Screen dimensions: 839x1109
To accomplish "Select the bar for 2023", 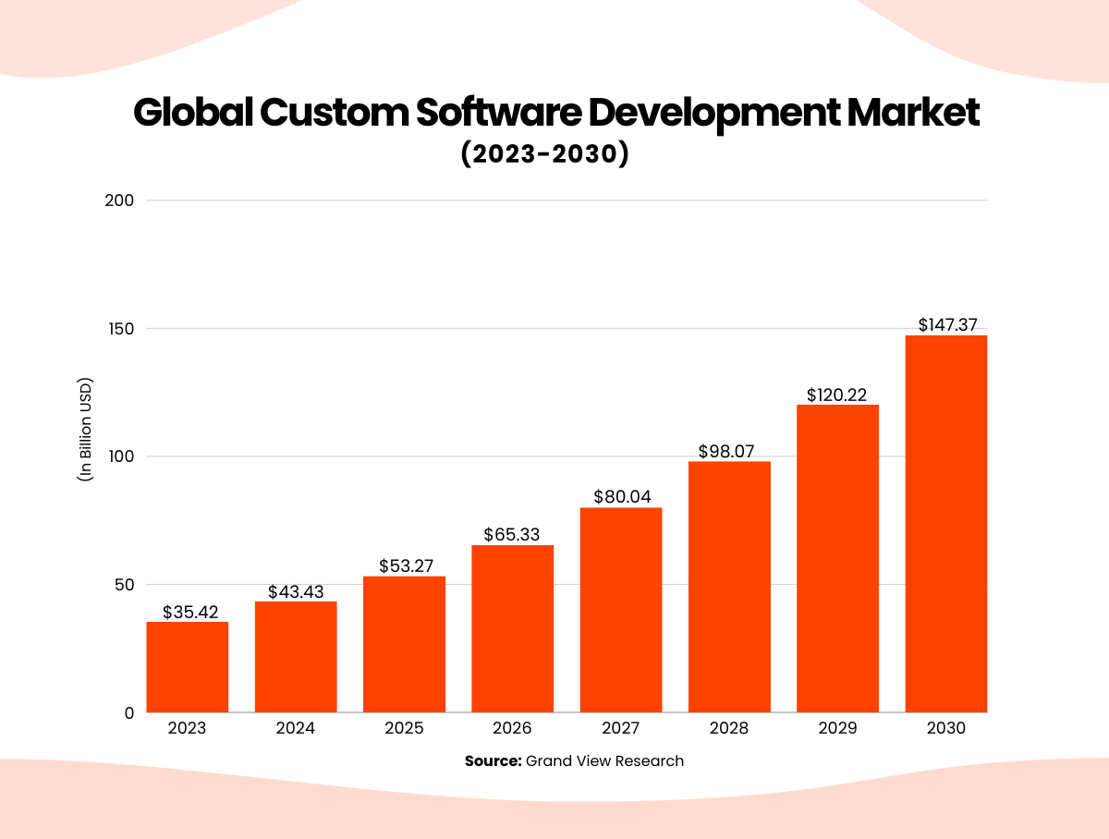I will click(x=188, y=667).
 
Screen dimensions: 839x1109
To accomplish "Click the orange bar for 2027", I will click(x=621, y=610).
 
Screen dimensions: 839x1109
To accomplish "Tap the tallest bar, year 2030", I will click(x=946, y=524).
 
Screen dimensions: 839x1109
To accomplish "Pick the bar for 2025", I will click(x=404, y=644).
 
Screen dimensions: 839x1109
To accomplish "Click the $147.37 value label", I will click(x=947, y=325).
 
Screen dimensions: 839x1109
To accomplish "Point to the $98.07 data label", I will click(x=730, y=451).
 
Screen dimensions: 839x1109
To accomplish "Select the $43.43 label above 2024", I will click(x=296, y=591).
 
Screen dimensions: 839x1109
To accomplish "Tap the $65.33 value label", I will click(x=512, y=535).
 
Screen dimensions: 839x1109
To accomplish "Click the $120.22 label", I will click(x=836, y=395).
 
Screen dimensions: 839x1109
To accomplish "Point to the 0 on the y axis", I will click(x=129, y=712).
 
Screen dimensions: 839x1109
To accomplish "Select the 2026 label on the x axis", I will click(x=512, y=728).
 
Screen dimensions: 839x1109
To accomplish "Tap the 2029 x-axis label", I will click(x=837, y=728).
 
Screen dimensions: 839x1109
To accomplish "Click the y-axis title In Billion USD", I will click(x=86, y=430).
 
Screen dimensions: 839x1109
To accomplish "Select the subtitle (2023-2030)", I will click(x=544, y=153).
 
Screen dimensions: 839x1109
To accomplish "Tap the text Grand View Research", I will click(x=605, y=761).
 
